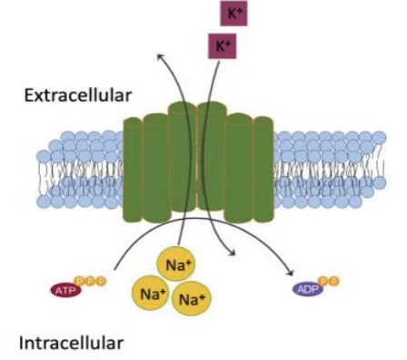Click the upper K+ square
[233, 14]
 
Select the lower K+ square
[222, 46]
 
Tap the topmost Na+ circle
[175, 265]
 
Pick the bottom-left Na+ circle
[151, 293]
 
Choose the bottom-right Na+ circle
[191, 298]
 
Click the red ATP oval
[66, 291]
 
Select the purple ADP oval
[308, 289]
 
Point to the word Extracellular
[78, 95]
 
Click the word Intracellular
[71, 343]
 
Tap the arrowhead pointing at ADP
[290, 272]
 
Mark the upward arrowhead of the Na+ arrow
[161, 56]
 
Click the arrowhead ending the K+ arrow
[233, 252]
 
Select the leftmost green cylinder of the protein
[133, 170]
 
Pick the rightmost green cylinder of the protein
[263, 170]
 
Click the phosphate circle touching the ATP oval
[80, 281]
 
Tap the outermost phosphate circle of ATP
[102, 281]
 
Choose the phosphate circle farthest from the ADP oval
[334, 281]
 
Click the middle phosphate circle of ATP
[91, 281]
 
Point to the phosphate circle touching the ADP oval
[323, 281]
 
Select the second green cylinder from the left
[155, 168]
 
